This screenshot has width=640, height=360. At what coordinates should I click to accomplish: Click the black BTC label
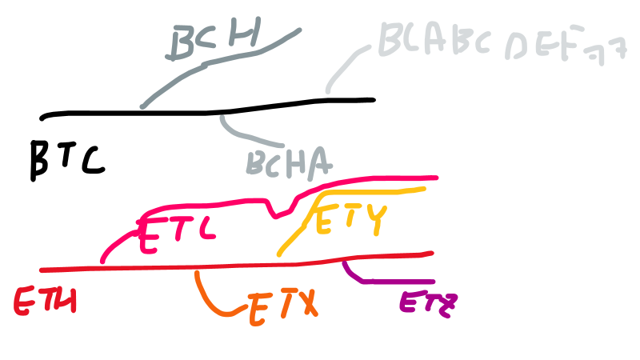[x=67, y=158]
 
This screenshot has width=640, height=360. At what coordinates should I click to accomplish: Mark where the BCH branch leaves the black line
[x=143, y=106]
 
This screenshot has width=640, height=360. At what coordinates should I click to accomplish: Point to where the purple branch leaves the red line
[x=344, y=259]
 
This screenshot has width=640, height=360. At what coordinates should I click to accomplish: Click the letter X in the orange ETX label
[x=303, y=306]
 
